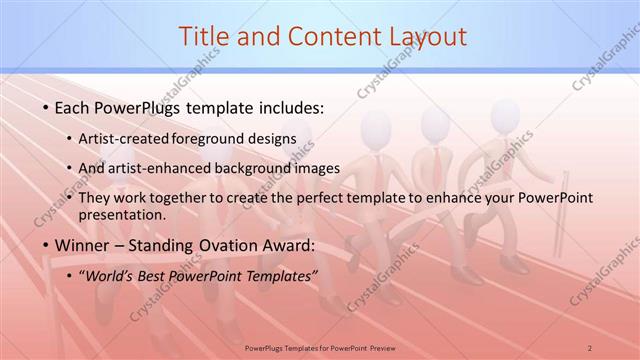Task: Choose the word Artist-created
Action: tap(122, 138)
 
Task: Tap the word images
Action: tap(315, 168)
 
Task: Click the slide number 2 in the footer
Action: tap(590, 347)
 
